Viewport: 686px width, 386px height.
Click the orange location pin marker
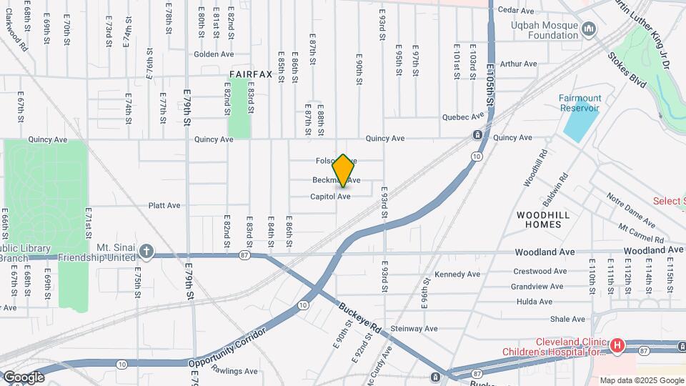click(343, 171)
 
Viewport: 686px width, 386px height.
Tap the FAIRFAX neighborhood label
click(251, 74)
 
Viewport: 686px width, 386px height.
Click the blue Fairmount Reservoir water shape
click(581, 123)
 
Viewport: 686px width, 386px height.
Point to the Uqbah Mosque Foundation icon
click(589, 29)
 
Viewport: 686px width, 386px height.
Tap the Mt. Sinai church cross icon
click(146, 251)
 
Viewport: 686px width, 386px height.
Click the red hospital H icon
click(617, 346)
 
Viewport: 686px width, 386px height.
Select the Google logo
click(24, 377)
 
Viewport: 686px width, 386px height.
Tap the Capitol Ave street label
click(330, 196)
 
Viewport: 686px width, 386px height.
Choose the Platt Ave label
click(164, 205)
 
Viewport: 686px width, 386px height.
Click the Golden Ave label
click(214, 54)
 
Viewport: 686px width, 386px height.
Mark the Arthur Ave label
click(518, 64)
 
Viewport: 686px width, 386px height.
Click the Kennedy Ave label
click(457, 274)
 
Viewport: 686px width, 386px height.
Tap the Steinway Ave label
click(414, 328)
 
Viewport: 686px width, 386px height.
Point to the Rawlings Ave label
click(234, 371)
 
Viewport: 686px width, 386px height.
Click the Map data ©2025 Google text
click(642, 380)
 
